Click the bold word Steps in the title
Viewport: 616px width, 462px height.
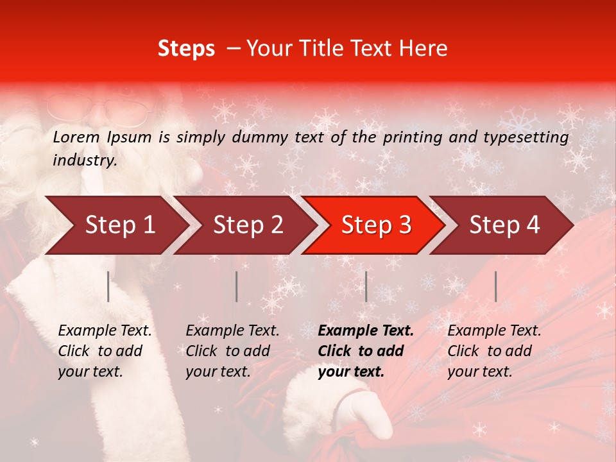point(186,49)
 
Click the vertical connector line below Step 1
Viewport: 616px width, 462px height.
point(108,286)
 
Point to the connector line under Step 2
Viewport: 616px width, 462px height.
point(237,286)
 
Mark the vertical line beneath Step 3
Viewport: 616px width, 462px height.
point(366,286)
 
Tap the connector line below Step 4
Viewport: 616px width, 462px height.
point(495,286)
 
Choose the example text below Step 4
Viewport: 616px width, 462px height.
point(494,351)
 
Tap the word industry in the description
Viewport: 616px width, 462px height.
point(84,160)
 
